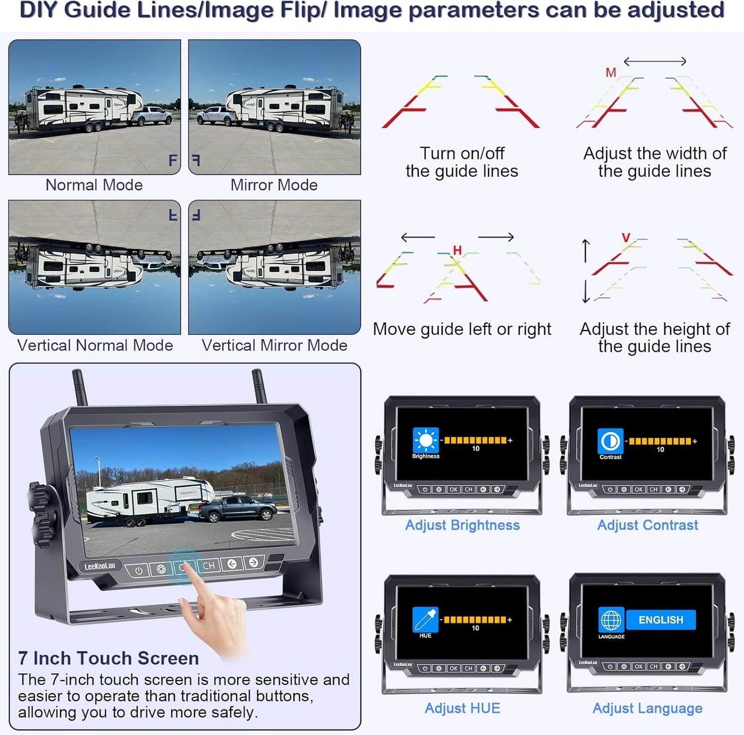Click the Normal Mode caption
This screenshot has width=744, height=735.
tap(94, 185)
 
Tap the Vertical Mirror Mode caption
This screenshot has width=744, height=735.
tap(274, 345)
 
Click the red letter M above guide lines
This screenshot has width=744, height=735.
tap(611, 72)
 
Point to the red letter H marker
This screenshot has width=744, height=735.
tap(457, 250)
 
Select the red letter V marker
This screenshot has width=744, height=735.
tap(626, 238)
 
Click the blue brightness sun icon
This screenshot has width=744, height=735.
tap(426, 440)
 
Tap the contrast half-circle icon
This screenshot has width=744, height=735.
tap(610, 441)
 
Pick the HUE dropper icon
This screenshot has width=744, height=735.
tap(425, 619)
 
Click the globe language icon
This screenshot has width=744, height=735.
tap(611, 620)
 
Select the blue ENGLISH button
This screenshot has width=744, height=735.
tap(661, 620)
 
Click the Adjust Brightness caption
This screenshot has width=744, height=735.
tap(462, 525)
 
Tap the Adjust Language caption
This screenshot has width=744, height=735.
tap(647, 708)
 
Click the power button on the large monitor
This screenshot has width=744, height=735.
tap(139, 571)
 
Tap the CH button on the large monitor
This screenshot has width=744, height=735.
tap(209, 565)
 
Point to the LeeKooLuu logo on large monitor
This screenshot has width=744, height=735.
tap(100, 567)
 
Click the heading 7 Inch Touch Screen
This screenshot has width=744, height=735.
tap(108, 658)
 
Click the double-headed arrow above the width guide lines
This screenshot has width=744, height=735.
tap(655, 61)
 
